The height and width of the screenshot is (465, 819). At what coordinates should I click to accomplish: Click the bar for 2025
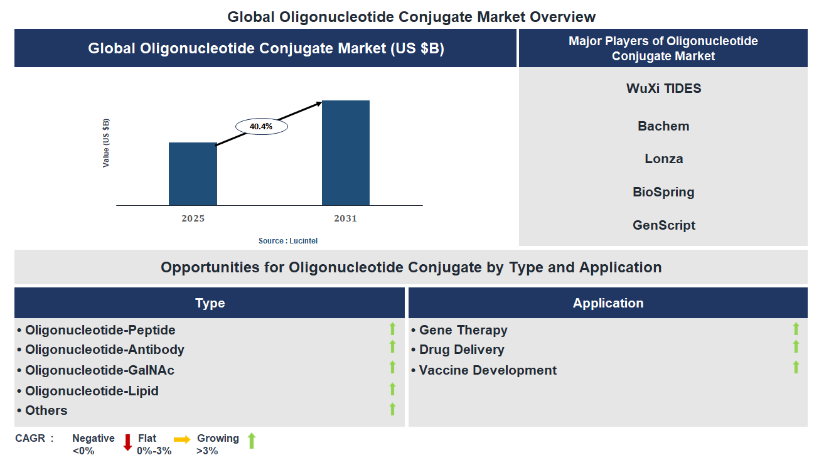193,174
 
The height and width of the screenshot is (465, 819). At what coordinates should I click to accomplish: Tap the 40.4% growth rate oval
261,126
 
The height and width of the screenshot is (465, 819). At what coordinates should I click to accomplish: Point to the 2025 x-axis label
193,218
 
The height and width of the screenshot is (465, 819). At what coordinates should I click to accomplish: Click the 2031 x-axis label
345,218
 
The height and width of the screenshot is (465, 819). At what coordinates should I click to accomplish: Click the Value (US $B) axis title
106,142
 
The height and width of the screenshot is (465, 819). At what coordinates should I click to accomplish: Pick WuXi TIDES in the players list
663,88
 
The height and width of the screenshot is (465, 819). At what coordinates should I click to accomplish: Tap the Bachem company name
663,126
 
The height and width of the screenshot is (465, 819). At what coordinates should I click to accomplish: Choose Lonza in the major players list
663,159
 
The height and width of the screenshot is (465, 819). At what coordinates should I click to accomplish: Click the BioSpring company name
663,192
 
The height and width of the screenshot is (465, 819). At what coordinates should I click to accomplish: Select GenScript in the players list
663,225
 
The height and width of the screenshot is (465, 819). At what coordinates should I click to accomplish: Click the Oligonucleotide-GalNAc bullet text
100,370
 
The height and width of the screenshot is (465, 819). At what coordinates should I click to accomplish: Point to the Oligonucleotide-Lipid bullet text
92,391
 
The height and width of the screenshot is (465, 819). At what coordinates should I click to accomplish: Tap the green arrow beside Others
392,409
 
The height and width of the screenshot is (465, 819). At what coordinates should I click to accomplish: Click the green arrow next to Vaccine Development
796,367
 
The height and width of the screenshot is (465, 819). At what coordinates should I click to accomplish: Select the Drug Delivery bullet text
461,350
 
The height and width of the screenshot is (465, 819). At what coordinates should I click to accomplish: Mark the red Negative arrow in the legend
127,442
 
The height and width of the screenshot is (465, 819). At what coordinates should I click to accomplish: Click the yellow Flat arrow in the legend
182,440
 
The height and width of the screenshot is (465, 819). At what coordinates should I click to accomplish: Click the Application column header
608,303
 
